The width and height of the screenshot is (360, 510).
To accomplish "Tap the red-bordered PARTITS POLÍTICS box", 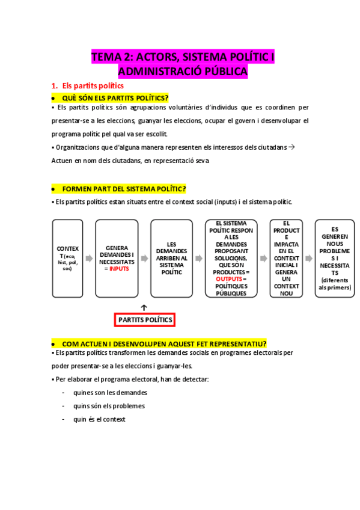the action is [145, 319].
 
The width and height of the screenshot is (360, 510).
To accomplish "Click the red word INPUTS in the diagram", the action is [119, 269].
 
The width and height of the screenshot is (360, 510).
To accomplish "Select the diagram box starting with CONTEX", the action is [67, 259].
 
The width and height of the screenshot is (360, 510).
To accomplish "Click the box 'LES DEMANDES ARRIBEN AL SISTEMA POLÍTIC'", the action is [171, 259].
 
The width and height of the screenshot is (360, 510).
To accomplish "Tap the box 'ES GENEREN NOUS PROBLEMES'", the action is [335, 259].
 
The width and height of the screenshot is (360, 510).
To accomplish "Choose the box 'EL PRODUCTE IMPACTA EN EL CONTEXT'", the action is [285, 259].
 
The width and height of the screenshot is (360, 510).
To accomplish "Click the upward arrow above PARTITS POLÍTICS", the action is [144, 307].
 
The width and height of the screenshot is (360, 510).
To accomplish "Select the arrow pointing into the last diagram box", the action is [308, 259].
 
